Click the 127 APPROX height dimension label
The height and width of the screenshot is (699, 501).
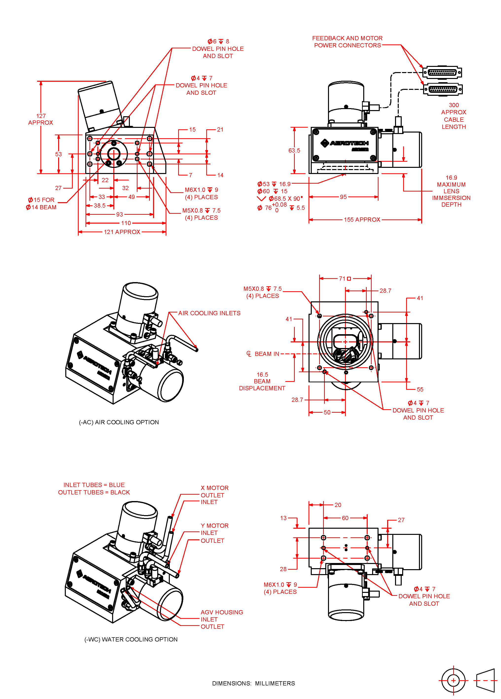[x=41, y=119]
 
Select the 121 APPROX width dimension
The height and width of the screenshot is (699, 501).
[x=122, y=232]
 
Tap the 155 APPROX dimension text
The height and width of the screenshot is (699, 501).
[x=362, y=219]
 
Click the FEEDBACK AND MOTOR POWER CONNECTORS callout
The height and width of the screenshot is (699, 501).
[x=347, y=42]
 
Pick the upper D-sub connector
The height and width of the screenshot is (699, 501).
[x=442, y=72]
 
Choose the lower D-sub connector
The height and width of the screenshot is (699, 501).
[x=443, y=89]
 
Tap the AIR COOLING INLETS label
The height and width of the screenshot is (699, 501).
[x=209, y=313]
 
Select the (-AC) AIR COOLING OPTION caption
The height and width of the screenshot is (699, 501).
[x=119, y=422]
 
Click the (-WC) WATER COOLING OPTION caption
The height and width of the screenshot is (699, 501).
[x=131, y=640]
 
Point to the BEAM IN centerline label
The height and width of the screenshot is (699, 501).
[x=266, y=354]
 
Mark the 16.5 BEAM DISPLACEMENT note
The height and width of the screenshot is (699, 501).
[x=262, y=381]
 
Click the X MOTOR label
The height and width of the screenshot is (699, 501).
[x=214, y=488]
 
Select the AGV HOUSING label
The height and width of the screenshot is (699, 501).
[x=222, y=612]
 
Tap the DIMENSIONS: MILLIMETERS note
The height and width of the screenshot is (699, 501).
[x=253, y=683]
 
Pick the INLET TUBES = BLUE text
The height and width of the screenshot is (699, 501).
[x=94, y=485]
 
